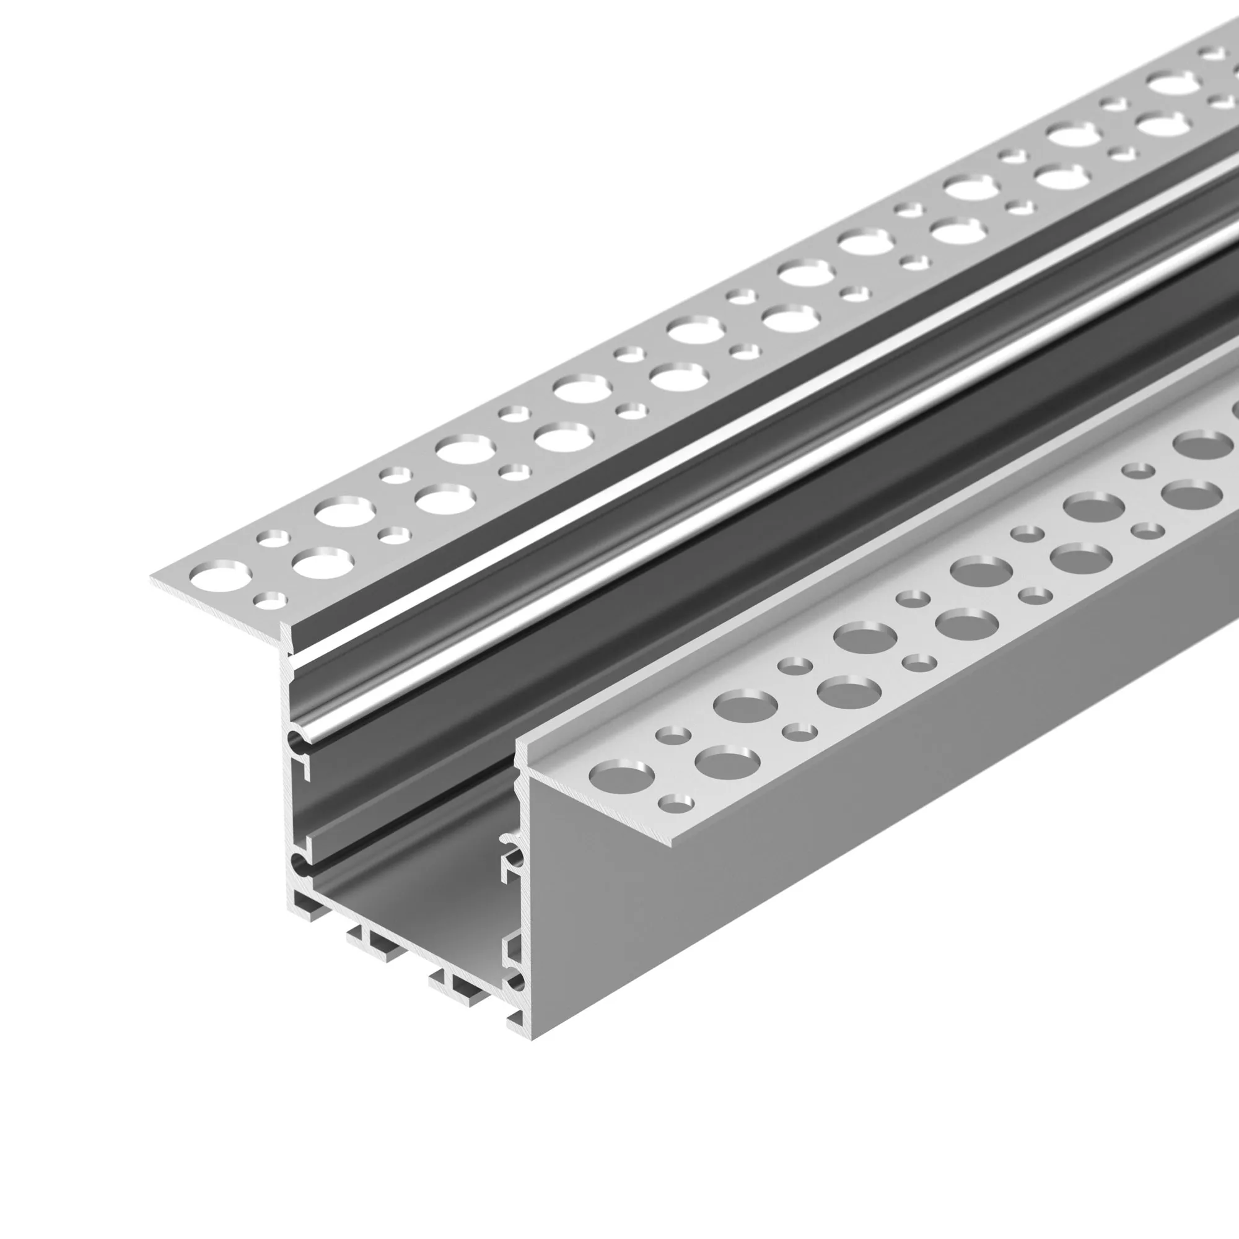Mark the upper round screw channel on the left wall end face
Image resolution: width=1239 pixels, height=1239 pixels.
click(299, 742)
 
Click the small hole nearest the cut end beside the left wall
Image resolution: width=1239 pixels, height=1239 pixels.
click(270, 600)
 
